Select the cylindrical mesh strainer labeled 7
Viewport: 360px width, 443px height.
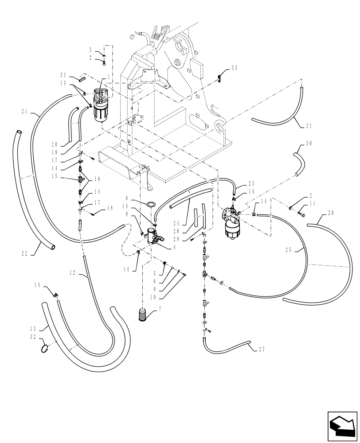pyautogui.click(x=143, y=315)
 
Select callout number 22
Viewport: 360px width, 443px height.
pyautogui.click(x=24, y=254)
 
